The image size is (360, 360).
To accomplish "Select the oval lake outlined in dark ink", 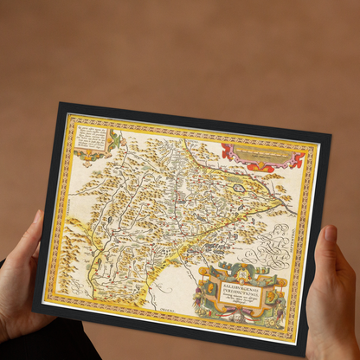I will pyautogui.click(x=239, y=187).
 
